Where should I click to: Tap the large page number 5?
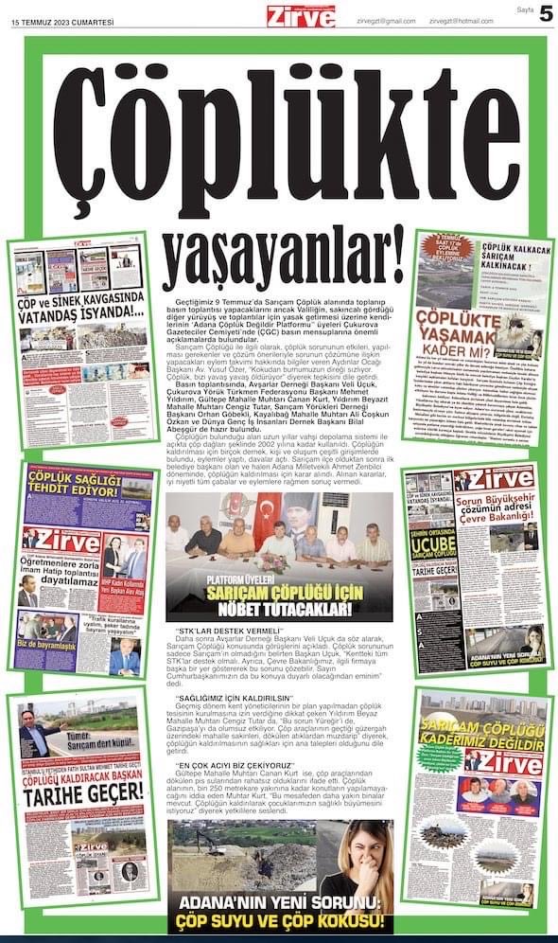coord(546,15)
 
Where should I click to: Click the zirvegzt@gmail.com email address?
coord(386,20)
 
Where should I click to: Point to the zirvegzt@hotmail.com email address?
coord(461,20)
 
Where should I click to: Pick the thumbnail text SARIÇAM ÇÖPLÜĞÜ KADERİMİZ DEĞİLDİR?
coord(476,733)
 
